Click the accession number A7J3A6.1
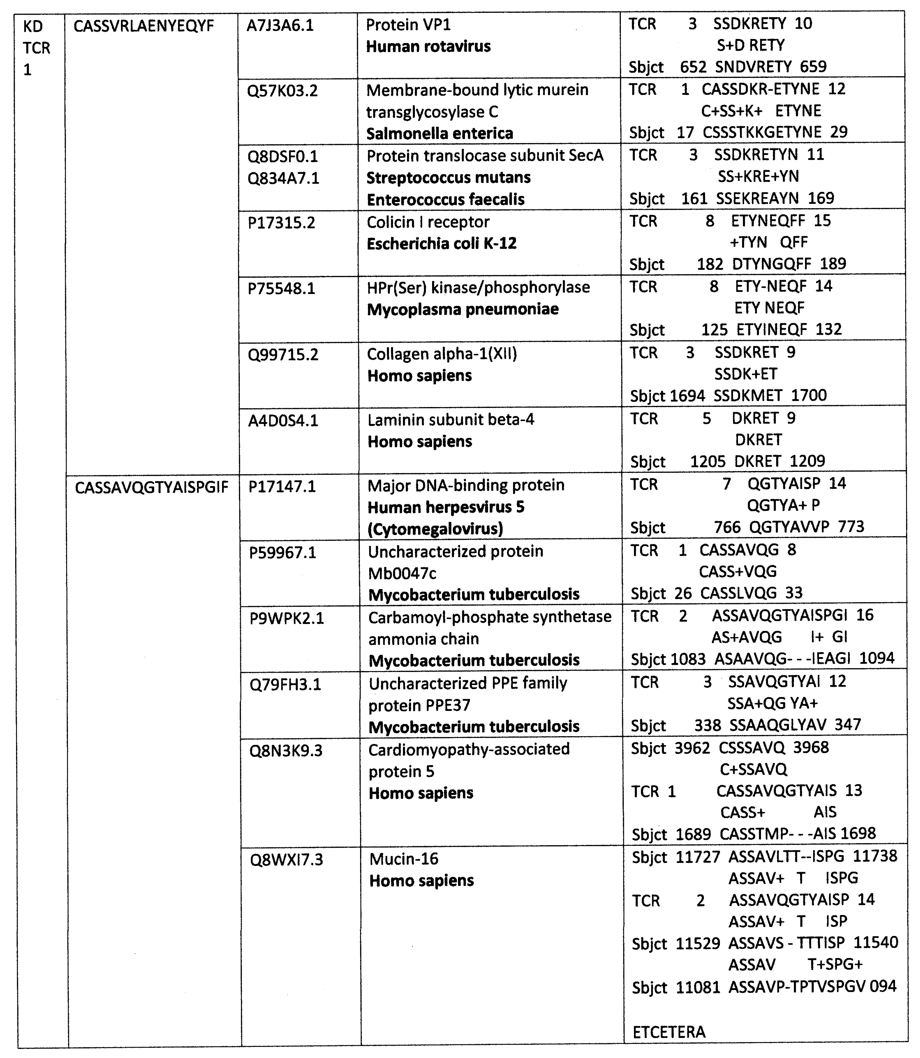[x=280, y=25]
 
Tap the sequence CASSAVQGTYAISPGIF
[x=151, y=487]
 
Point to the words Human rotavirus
[x=428, y=47]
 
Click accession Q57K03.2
[x=282, y=91]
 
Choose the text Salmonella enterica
[x=439, y=134]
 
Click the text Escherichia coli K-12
[x=442, y=243]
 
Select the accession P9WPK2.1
[x=287, y=618]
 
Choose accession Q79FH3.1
[x=286, y=684]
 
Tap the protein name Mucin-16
[x=404, y=859]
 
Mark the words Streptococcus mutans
[x=448, y=178]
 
